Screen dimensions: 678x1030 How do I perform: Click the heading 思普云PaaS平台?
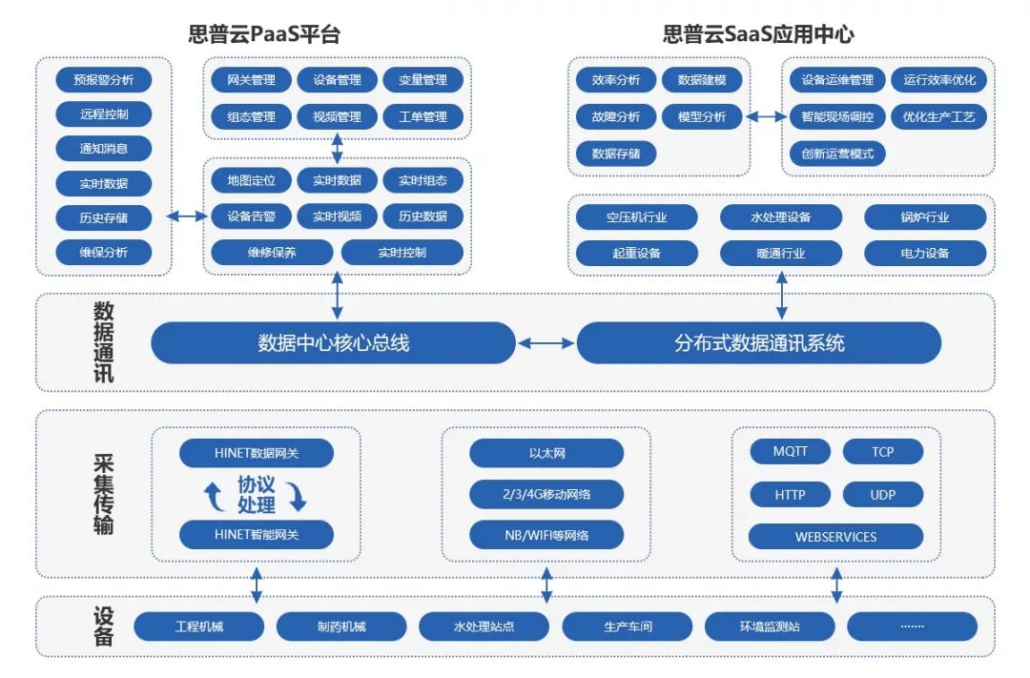tap(264, 35)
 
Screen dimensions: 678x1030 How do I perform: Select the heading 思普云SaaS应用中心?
tap(758, 35)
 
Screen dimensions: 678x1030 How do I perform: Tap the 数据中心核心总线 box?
tap(333, 343)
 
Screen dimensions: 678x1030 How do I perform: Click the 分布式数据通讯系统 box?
tap(759, 343)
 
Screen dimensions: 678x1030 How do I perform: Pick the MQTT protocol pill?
tap(790, 451)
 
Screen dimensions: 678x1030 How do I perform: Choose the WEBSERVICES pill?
tap(835, 536)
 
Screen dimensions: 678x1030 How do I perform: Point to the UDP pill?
tap(882, 494)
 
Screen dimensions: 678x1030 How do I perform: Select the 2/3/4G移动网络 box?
tap(546, 494)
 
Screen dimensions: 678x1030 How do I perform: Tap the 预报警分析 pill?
tap(103, 78)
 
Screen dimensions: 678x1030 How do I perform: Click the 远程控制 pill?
tap(103, 113)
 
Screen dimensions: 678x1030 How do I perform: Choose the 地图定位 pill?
tap(251, 180)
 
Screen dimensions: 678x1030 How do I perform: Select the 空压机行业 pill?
tap(636, 217)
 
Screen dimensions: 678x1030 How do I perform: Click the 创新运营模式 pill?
tap(837, 153)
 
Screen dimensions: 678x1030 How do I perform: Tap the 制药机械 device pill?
tap(340, 627)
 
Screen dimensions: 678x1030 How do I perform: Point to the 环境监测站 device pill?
tap(769, 627)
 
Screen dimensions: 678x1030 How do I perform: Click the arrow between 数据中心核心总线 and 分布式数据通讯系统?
tap(546, 343)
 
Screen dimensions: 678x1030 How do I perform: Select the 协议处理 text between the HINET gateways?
tap(256, 494)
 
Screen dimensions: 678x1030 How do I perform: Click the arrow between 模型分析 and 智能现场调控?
tap(765, 117)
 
